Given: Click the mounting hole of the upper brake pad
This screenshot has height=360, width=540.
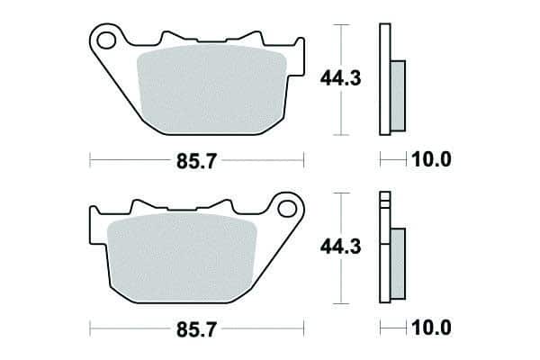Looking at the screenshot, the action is pos(106,40).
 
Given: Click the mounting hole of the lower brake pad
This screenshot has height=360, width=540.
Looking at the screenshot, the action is pos(287,209).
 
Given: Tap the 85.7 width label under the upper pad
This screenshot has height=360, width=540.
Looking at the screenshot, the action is pos(196,161).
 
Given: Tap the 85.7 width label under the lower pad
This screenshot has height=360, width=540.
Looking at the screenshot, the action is pos(196,329).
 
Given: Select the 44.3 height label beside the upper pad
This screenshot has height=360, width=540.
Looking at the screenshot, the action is pos(340,78).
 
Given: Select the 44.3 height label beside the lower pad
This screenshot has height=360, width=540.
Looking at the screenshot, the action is pos(340,247).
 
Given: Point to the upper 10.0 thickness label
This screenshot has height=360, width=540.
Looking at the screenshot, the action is pos(431,159).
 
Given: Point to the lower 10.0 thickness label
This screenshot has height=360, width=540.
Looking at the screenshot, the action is pos(431,328).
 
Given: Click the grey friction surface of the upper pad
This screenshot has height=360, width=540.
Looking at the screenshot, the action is pos(211,90).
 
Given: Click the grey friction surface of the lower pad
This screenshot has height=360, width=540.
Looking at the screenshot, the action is pos(182,257).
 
